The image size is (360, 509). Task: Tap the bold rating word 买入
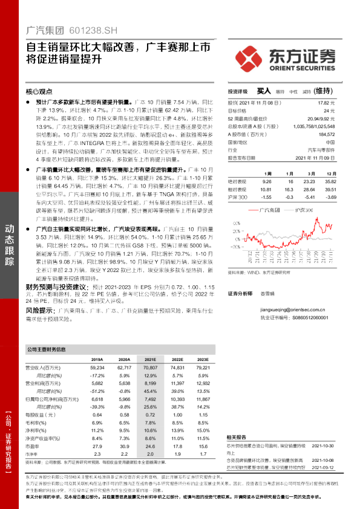click(x=263, y=91)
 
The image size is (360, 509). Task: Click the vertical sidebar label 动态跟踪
click(x=10, y=238)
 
